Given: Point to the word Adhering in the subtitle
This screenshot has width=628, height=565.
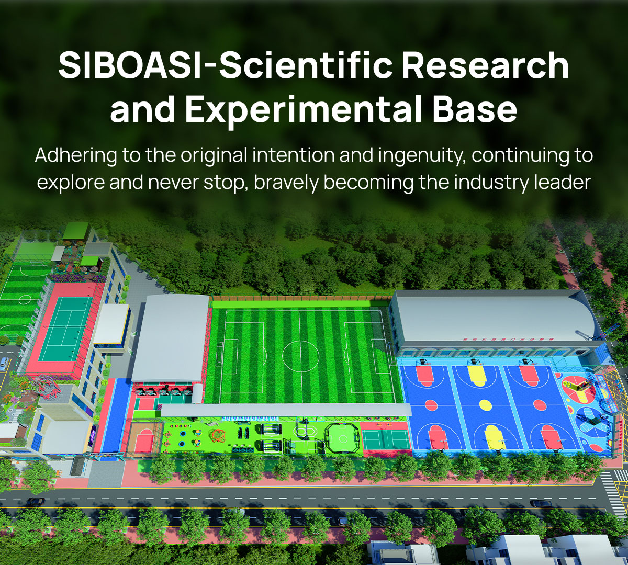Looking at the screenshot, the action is [76, 156].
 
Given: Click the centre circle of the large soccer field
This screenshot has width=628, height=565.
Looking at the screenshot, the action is [300, 356].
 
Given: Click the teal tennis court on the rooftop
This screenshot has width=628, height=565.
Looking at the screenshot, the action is [66, 329].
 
